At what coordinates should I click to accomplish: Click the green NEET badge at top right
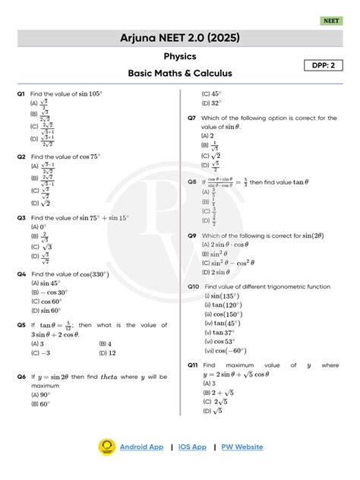332,21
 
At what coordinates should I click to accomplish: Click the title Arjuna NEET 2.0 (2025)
180,38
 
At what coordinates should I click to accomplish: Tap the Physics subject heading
180,56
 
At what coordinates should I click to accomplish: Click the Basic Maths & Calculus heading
180,74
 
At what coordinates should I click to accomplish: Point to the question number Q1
21,93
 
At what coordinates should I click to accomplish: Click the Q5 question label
21,325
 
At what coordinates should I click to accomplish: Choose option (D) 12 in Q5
107,353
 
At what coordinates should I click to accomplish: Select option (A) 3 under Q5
37,343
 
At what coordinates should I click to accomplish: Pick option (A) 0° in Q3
39,226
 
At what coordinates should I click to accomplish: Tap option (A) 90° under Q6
40,394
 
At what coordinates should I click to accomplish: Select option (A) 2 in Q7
207,135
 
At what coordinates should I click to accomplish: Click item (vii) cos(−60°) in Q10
227,351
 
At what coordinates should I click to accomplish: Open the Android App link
141,447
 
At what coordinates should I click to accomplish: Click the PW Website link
242,447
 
